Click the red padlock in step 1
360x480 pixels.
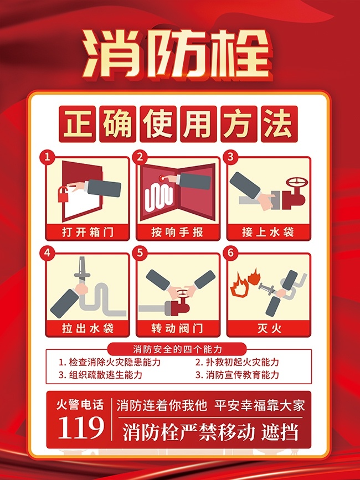(x=63, y=194)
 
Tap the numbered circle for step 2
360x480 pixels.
(x=140, y=157)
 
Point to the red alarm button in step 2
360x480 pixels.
(x=162, y=178)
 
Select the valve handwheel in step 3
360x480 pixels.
(x=297, y=183)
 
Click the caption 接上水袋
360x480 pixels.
(x=268, y=232)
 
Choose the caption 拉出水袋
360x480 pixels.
(x=88, y=328)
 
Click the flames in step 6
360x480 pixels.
(x=245, y=282)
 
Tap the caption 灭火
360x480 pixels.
(x=269, y=328)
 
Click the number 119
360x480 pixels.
(x=81, y=427)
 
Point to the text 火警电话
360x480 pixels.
(x=80, y=405)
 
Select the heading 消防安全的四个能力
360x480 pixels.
(x=177, y=349)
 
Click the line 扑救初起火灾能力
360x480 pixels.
(x=237, y=362)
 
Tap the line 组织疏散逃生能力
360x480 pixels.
(x=100, y=375)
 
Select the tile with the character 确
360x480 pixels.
(x=117, y=124)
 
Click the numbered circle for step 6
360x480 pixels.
(x=230, y=253)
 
